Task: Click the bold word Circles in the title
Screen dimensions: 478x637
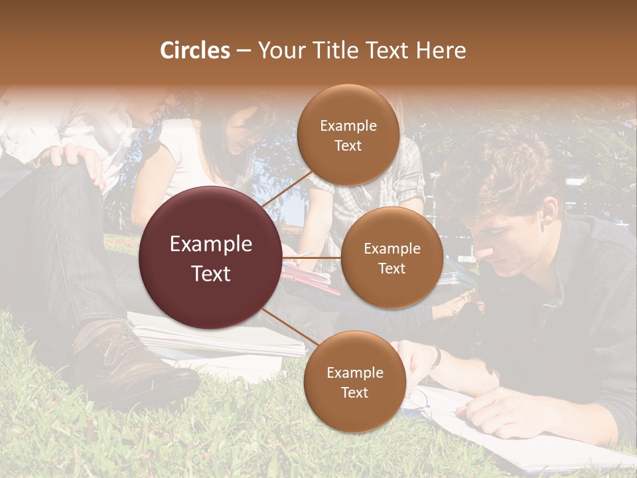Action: pos(195,50)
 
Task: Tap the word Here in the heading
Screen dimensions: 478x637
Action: pos(441,50)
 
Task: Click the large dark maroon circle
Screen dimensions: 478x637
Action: pos(210,258)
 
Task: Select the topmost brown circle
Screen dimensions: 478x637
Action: pos(348,135)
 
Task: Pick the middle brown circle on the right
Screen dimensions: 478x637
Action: pos(391,258)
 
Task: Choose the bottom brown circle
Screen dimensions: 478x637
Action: pos(354,382)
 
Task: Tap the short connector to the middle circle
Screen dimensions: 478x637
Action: pos(311,258)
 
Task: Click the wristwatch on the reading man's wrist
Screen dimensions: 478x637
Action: pos(436,357)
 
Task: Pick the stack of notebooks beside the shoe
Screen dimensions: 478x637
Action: pos(212,339)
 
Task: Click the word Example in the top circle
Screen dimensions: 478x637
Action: pos(348,125)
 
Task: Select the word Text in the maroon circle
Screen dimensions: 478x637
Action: pos(210,273)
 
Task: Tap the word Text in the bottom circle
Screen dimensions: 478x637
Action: pos(354,392)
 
